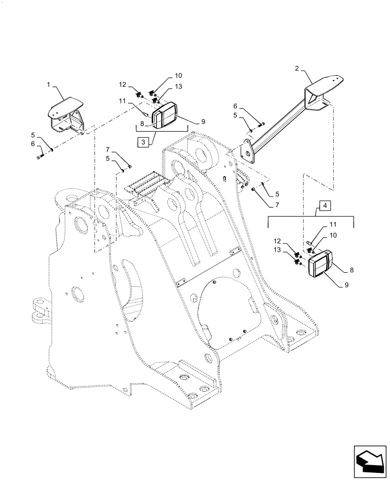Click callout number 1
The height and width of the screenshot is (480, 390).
(49, 85)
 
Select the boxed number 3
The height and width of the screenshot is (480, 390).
(141, 142)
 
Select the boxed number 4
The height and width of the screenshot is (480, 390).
(325, 206)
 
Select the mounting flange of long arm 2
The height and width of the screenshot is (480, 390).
(247, 152)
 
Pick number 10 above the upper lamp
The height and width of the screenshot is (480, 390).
(165, 76)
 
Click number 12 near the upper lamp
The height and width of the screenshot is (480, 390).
(123, 85)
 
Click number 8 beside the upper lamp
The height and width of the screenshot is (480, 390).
(143, 123)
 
